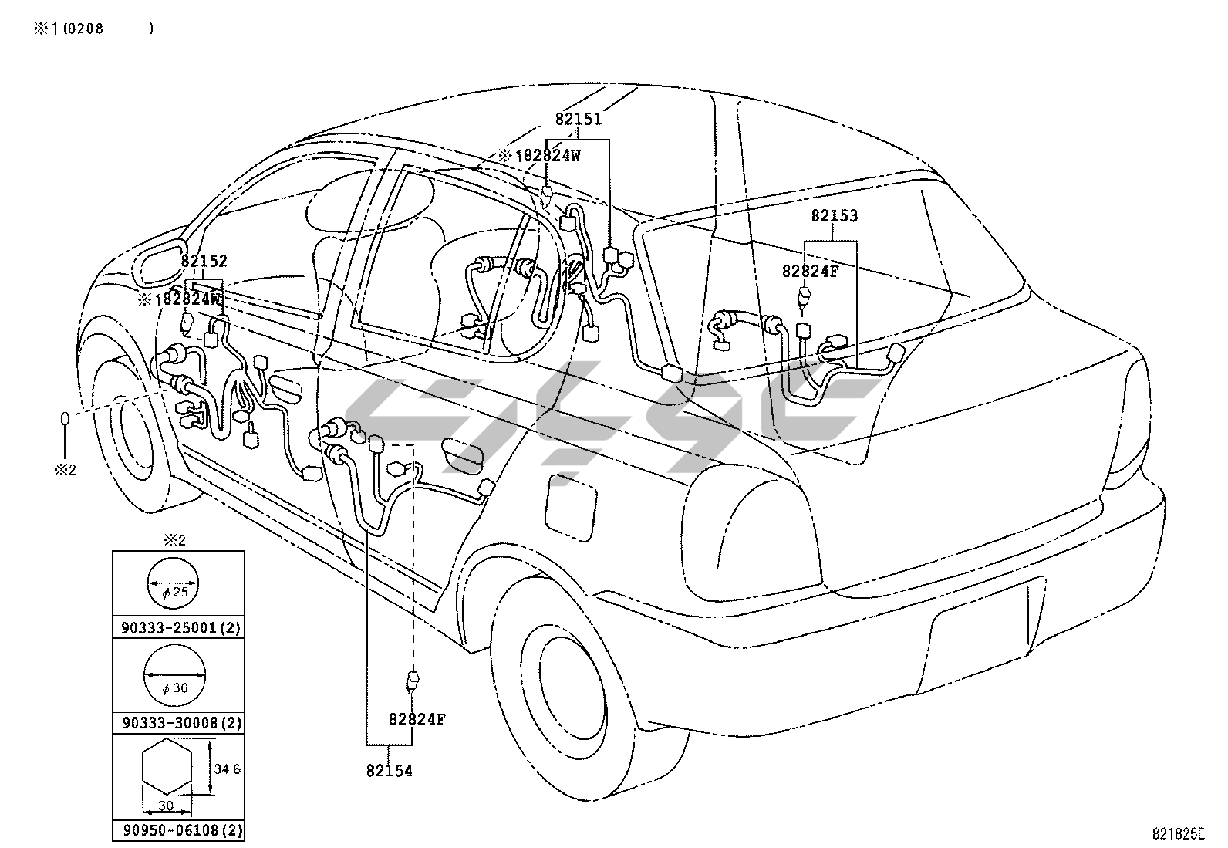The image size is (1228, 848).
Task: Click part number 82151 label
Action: tap(578, 120)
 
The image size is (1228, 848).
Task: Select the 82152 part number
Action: tap(204, 262)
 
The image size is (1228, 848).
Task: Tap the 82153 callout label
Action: tap(834, 216)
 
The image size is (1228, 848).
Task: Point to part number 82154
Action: tap(389, 770)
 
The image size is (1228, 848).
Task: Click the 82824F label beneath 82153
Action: tap(809, 271)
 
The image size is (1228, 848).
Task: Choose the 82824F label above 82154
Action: tap(417, 719)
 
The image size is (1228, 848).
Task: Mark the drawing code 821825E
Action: tap(1177, 833)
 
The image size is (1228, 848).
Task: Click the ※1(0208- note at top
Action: tap(93, 29)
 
